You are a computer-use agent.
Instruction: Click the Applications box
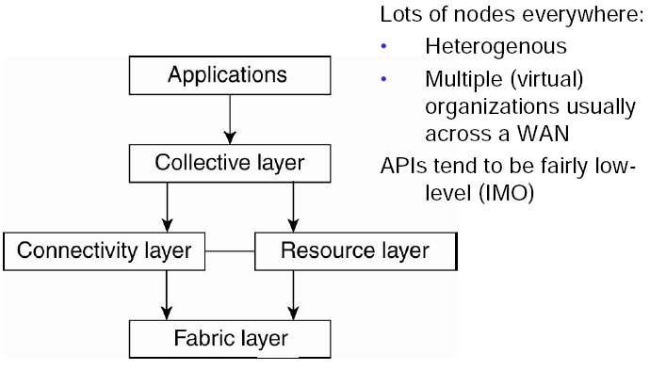(230, 75)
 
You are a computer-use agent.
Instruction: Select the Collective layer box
(230, 163)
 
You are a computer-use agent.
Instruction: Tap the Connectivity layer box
(104, 251)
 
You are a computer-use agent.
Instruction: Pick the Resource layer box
(356, 251)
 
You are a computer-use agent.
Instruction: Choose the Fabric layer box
(230, 339)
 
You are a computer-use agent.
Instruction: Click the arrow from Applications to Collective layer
(230, 120)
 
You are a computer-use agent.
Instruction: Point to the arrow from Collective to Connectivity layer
(167, 207)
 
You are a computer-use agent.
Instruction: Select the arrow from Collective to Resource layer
(293, 207)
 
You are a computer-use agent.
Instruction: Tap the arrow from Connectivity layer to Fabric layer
(167, 296)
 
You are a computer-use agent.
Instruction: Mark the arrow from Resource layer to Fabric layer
(293, 296)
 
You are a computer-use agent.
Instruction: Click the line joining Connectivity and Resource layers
(230, 251)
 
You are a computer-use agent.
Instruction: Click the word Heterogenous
(496, 46)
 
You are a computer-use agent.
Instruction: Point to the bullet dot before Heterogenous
(383, 46)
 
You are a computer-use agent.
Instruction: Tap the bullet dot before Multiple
(383, 79)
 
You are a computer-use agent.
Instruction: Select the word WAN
(543, 134)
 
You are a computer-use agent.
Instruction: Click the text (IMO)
(506, 193)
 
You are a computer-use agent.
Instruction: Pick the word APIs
(403, 166)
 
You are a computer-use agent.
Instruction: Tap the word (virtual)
(546, 79)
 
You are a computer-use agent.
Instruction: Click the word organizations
(493, 107)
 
